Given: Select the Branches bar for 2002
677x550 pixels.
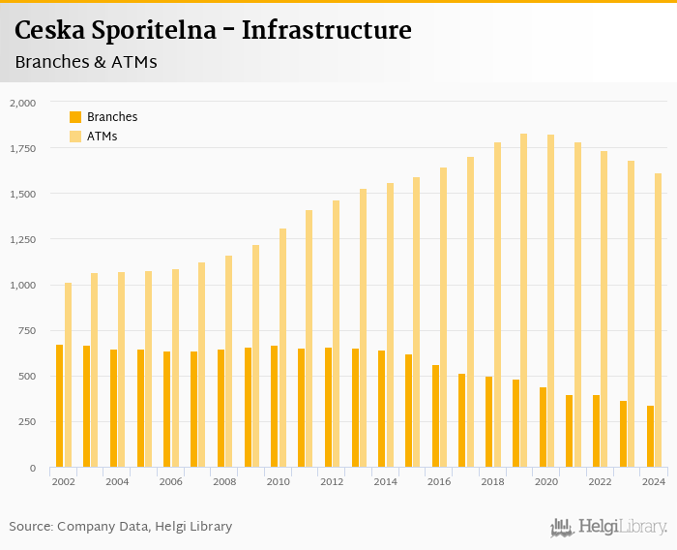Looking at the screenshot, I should pos(59,406).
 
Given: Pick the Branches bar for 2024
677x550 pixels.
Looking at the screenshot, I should pos(650,437).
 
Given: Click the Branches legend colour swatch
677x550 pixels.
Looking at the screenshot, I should pos(75,117).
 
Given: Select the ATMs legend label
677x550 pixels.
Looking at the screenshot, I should pos(102,137).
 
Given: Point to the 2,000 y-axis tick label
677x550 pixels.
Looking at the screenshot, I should pos(22,102).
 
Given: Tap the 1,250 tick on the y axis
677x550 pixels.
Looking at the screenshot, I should pos(22,239).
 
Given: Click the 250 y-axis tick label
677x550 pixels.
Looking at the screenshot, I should pos(26,422).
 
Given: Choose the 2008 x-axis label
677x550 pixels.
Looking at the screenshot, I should pos(224,481).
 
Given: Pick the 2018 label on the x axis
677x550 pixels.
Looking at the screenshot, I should pos(493,481).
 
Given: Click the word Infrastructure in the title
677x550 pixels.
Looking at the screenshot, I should pos(326,30).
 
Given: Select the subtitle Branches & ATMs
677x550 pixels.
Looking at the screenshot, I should pos(86,62).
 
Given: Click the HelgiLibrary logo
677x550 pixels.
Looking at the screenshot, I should pos(608,527).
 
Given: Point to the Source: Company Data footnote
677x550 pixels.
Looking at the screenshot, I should pos(120,527).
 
